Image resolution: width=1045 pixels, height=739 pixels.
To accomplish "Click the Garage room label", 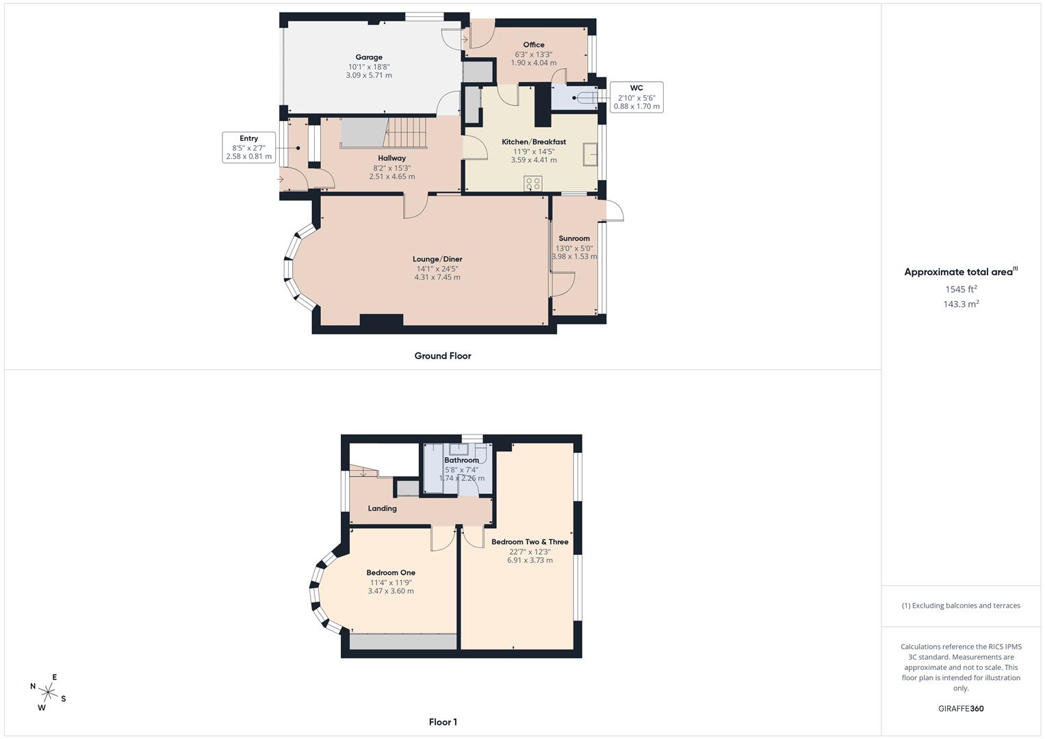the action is (369, 57).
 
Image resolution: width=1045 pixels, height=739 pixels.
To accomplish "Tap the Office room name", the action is (534, 44).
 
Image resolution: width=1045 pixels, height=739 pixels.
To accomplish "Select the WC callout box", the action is (636, 97).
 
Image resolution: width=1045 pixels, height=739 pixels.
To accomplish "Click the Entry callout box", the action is (248, 147).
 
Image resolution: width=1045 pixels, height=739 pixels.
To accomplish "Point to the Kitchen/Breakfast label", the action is (534, 142).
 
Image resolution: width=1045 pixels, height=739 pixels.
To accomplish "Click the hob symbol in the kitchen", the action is (532, 183).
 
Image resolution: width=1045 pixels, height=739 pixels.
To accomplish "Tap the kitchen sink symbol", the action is (590, 155).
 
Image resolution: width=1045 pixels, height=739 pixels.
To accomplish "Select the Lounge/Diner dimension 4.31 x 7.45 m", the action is (437, 277).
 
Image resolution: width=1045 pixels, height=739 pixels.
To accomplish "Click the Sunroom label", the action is (573, 238).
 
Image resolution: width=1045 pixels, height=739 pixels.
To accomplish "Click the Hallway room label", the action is (392, 158).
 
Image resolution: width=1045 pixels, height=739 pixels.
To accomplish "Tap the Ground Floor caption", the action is (443, 356).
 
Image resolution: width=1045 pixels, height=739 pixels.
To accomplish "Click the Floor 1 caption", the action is (443, 722).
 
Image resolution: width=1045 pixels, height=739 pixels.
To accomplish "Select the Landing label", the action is (382, 508).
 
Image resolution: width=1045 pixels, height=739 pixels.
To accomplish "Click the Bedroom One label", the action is (391, 573).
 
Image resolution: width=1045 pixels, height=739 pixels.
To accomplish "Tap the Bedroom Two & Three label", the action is (530, 542).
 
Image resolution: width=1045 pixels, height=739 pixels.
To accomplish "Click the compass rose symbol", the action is (48, 692).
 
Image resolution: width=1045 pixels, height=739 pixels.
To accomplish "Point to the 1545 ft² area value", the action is (961, 289).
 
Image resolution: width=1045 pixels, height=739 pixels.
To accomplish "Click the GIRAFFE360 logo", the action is (961, 708).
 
